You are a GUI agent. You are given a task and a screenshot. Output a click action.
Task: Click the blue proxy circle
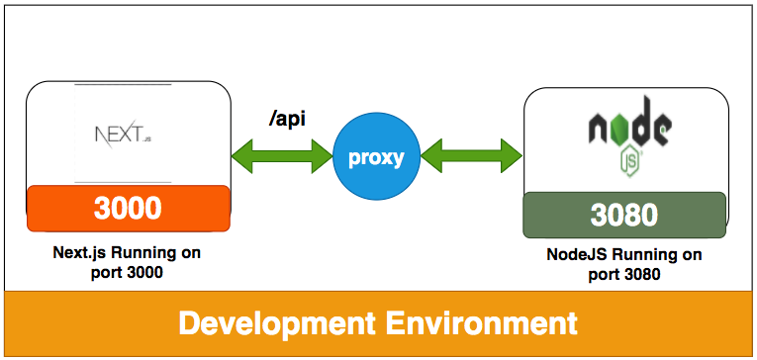click(377, 157)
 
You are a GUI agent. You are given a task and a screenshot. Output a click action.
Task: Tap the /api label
click(287, 120)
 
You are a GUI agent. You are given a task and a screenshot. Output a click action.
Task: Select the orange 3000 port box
click(129, 208)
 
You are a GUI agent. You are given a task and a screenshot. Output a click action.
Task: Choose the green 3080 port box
click(624, 215)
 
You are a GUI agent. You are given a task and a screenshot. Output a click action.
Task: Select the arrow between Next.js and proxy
click(282, 156)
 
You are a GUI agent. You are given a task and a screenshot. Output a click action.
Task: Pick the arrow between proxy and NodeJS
click(472, 156)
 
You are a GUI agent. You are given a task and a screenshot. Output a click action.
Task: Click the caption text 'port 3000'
click(127, 273)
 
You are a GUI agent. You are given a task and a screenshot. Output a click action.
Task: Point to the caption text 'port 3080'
click(624, 275)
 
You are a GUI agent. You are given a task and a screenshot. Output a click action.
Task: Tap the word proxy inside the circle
click(376, 158)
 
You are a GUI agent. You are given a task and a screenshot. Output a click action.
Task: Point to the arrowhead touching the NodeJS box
click(512, 156)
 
